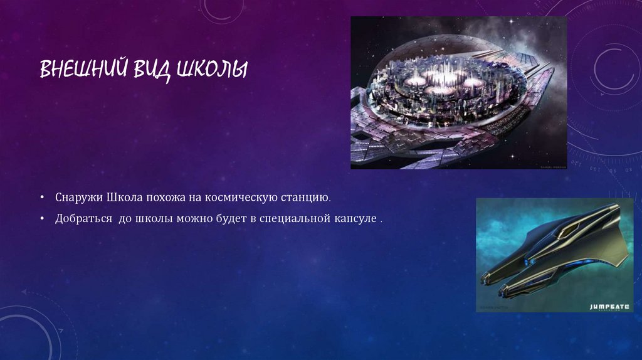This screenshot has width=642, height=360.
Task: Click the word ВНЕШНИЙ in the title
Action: (83, 69)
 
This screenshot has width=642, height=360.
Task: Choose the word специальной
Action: (288, 220)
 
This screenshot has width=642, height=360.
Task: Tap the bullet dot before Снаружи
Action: (41, 198)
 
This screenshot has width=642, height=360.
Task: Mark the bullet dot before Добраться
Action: (41, 220)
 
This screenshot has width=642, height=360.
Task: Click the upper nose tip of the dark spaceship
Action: (484, 276)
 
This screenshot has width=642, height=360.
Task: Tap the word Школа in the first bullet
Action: (124, 198)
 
